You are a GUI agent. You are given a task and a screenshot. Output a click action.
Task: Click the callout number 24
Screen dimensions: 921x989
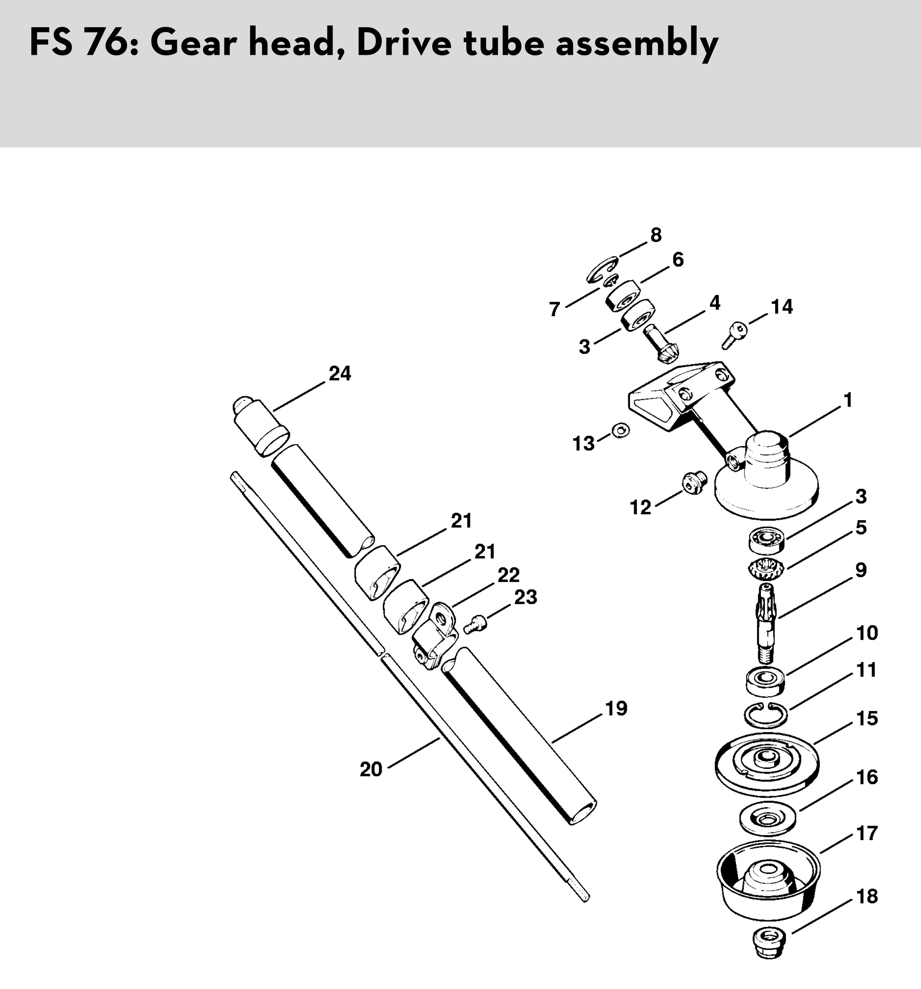340,373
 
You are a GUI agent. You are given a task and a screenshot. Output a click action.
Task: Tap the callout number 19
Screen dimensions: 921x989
617,708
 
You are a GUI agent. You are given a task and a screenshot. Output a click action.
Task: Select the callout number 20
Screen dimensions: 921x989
371,770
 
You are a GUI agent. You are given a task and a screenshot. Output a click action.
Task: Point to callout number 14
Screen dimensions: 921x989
782,307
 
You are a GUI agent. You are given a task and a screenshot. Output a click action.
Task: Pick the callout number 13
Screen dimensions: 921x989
584,443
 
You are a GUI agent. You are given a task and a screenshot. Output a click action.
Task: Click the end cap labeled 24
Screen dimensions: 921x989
261,426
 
